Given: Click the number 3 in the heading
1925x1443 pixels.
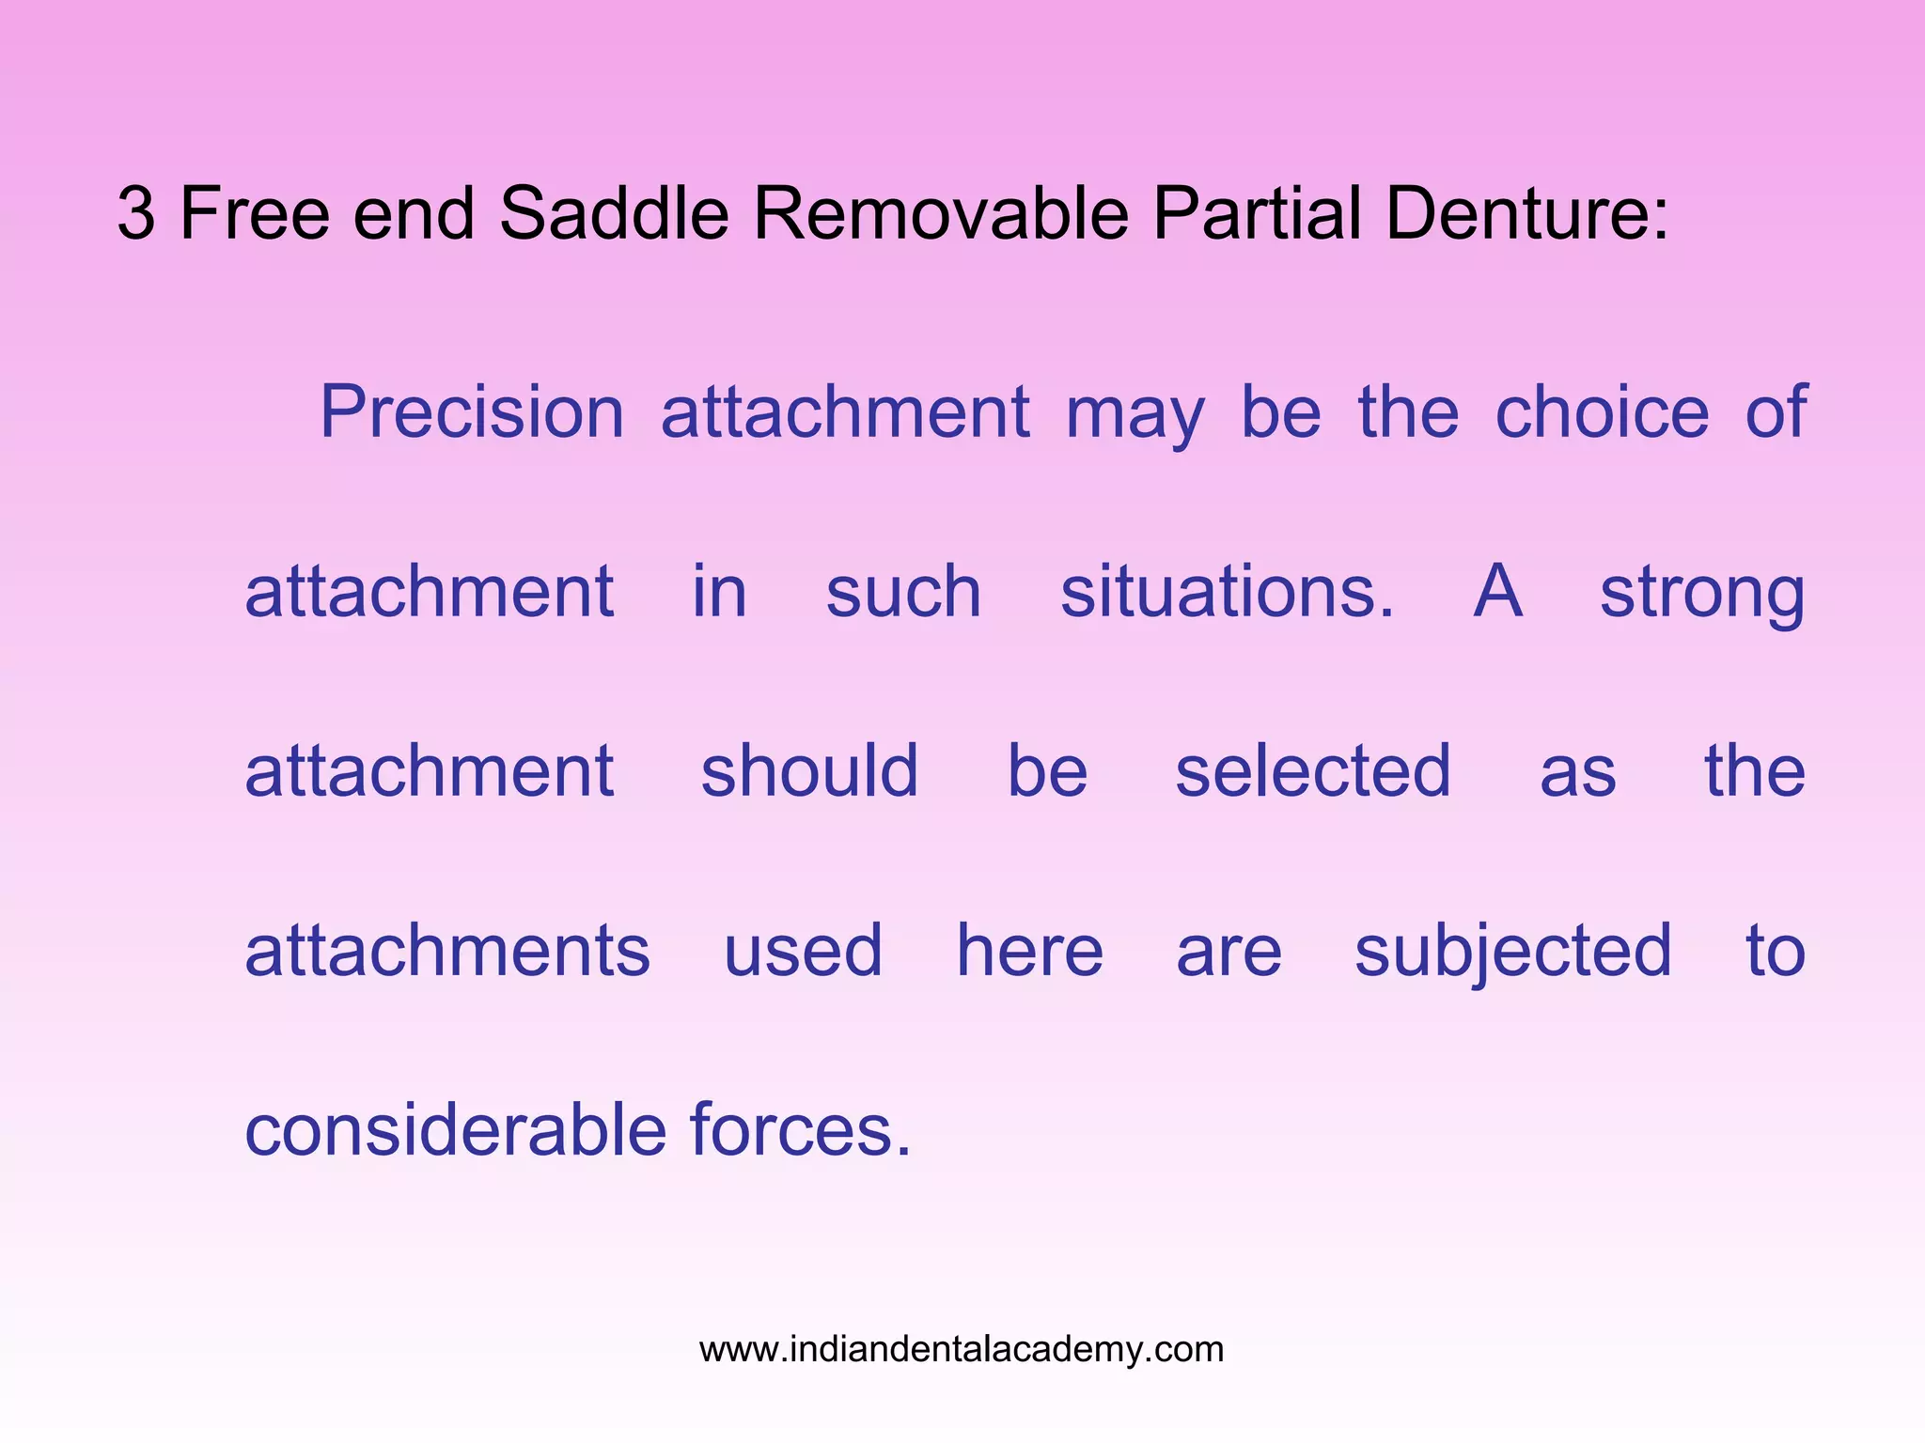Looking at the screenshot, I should [x=136, y=214].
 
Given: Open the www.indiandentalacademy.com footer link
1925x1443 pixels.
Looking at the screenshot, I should [x=962, y=1349].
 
